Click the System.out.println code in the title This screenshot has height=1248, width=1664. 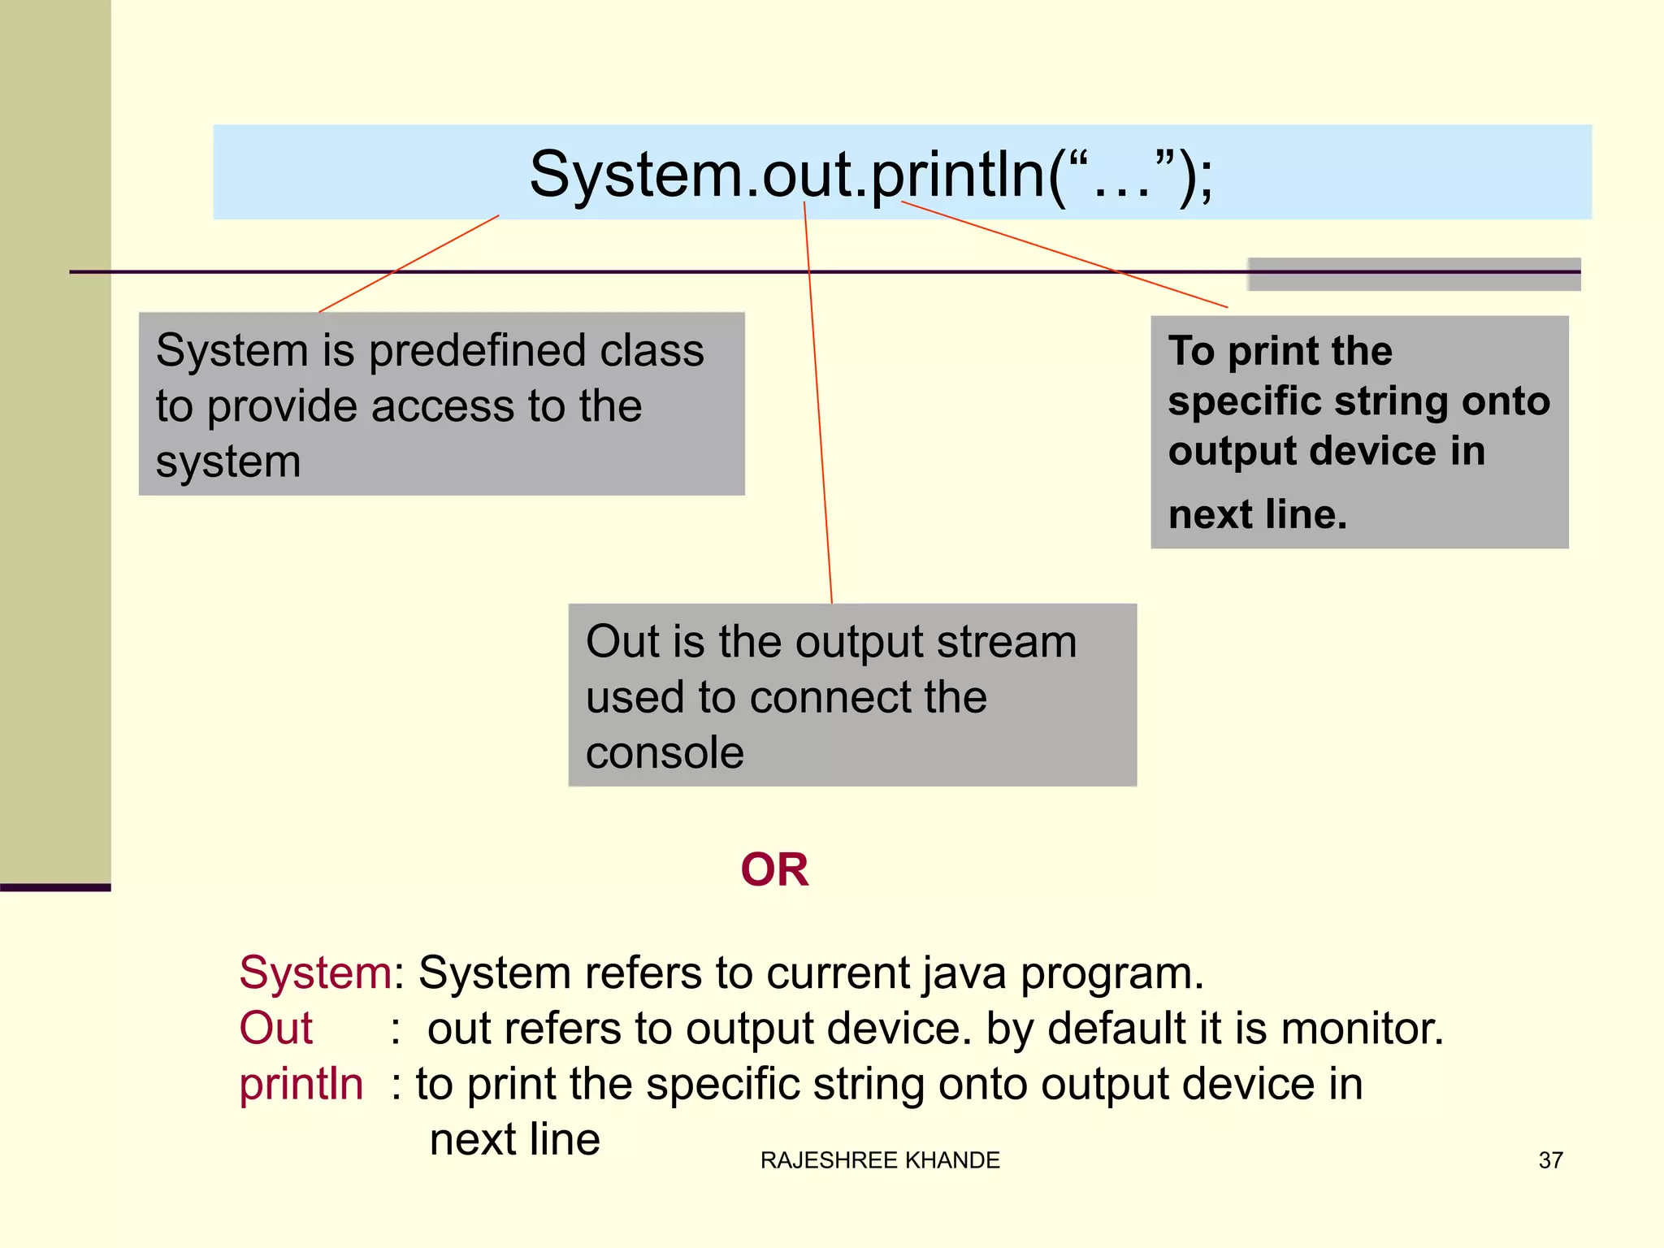(x=871, y=175)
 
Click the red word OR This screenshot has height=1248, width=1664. (x=774, y=869)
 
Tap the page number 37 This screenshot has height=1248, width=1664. (x=1550, y=1160)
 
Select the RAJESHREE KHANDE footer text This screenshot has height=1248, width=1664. (x=880, y=1160)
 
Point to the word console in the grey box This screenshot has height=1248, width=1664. (x=665, y=752)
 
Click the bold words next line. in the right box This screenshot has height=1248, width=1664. (x=1258, y=514)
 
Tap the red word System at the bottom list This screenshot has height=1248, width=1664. (x=315, y=973)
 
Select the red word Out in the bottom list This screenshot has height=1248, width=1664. (x=275, y=1029)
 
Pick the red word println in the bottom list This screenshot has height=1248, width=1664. (x=301, y=1084)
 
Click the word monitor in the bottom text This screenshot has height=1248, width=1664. (x=1361, y=1029)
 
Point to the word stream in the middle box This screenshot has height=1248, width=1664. (x=1006, y=642)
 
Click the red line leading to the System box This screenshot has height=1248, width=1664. (x=409, y=264)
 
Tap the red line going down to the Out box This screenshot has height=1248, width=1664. (x=817, y=406)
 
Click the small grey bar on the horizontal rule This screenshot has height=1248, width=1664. (x=1414, y=275)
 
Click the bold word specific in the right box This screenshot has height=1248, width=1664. (x=1245, y=401)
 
